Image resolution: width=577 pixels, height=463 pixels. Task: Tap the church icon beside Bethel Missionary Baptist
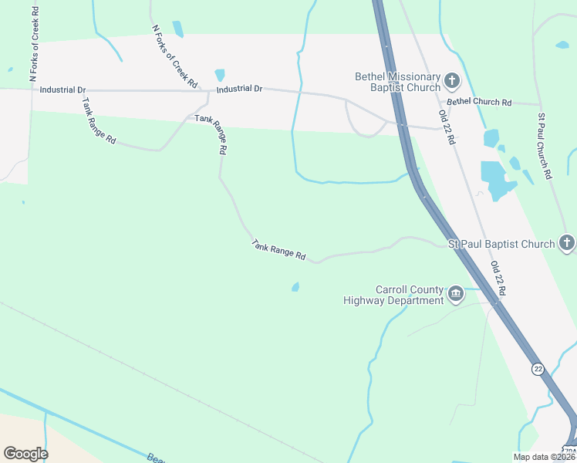click(453, 80)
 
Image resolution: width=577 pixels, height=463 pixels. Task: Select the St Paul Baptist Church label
click(501, 245)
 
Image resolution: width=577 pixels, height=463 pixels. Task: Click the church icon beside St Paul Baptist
click(567, 244)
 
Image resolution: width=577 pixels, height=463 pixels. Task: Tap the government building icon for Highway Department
click(456, 294)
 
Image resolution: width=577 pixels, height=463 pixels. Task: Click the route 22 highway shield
click(538, 370)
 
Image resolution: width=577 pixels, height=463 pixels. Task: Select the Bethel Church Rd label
click(479, 102)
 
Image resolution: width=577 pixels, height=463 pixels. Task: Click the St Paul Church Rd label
click(544, 146)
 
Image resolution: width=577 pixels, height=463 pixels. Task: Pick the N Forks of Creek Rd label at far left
click(34, 42)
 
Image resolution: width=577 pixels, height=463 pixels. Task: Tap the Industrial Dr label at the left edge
click(62, 90)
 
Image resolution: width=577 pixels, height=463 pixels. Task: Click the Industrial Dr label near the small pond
click(239, 90)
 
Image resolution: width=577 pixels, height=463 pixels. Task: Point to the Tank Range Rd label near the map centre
click(278, 250)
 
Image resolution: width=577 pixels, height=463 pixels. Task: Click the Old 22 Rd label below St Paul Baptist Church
click(498, 279)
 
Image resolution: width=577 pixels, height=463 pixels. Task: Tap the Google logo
click(25, 454)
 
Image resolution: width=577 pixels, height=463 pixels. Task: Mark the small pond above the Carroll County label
click(295, 287)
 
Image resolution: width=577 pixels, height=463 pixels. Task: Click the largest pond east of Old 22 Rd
click(496, 179)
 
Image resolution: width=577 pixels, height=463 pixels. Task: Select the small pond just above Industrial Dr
click(220, 75)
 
